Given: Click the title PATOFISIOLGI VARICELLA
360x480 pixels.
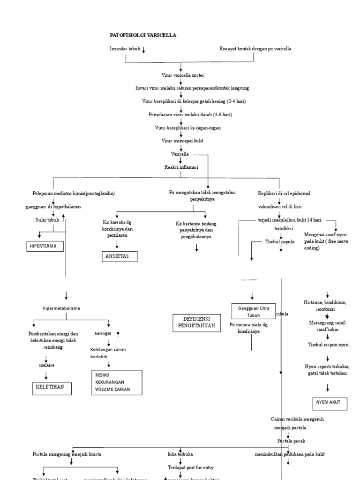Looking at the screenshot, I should coord(143,35).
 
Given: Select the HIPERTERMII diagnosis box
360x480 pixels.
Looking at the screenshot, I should coord(45,246).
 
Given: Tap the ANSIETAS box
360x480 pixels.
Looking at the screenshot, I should coord(122,256).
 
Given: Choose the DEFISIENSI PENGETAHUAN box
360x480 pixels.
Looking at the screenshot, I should coord(196,323).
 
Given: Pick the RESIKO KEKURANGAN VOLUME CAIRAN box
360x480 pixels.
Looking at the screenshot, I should coord(117,382).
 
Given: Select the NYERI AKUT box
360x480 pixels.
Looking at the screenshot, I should coord(330,403).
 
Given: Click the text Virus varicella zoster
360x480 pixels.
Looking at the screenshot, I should coord(182,75).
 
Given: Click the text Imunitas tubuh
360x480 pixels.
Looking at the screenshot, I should coord(125,49).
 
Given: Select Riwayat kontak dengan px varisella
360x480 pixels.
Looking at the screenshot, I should coord(255,49).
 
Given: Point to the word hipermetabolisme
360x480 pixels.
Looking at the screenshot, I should coord(61,308).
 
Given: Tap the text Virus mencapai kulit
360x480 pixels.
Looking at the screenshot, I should coord(182,140).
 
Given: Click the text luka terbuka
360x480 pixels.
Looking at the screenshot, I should coord(180,454).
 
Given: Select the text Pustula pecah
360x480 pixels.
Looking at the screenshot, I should coord(291,441).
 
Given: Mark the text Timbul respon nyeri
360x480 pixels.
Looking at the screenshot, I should coord(328,345).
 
